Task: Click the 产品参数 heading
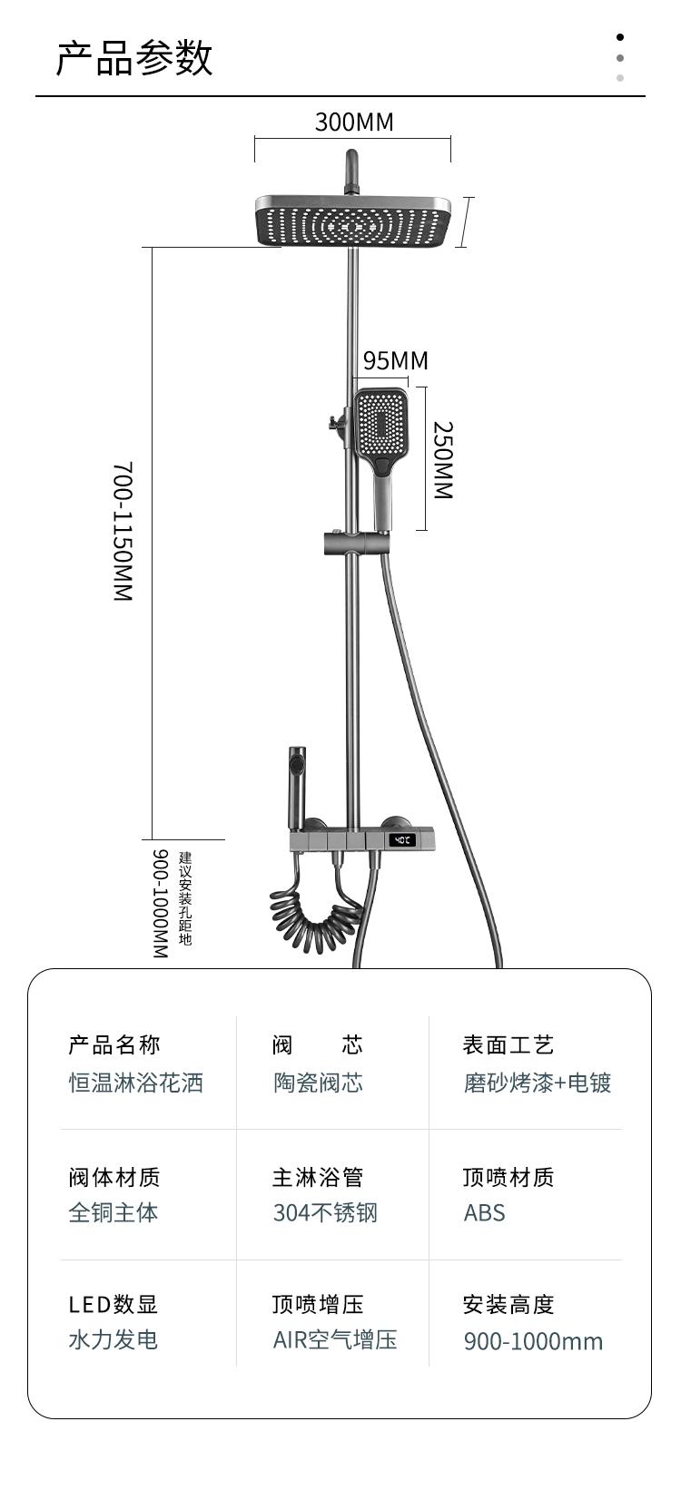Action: click(x=134, y=58)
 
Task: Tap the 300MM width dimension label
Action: click(x=354, y=122)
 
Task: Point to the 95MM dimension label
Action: click(x=395, y=360)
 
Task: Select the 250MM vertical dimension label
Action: click(x=442, y=459)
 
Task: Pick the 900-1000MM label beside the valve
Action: click(x=160, y=903)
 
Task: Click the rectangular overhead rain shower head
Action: click(x=354, y=221)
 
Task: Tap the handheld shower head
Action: click(x=381, y=426)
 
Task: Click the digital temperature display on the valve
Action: click(x=401, y=840)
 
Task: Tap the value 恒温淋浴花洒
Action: click(x=136, y=1083)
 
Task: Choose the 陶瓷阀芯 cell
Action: click(x=319, y=1083)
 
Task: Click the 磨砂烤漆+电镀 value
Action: click(x=538, y=1083)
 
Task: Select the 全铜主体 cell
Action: click(x=113, y=1212)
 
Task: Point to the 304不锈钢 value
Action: click(x=325, y=1212)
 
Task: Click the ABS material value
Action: click(x=484, y=1212)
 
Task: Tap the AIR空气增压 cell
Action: click(x=335, y=1340)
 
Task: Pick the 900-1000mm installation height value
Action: click(x=533, y=1341)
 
